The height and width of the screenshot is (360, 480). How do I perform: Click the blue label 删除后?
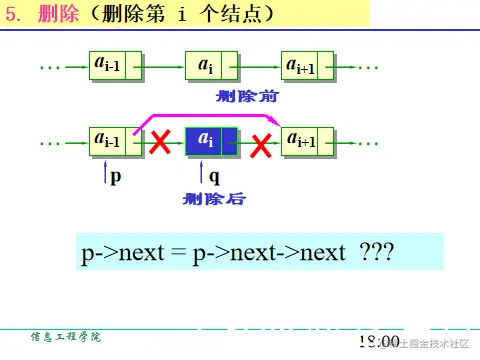[x=213, y=199]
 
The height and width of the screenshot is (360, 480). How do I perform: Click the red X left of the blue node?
[x=159, y=145]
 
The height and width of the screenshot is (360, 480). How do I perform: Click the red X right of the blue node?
[x=261, y=147]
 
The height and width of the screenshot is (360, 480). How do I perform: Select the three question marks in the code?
[x=375, y=256]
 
